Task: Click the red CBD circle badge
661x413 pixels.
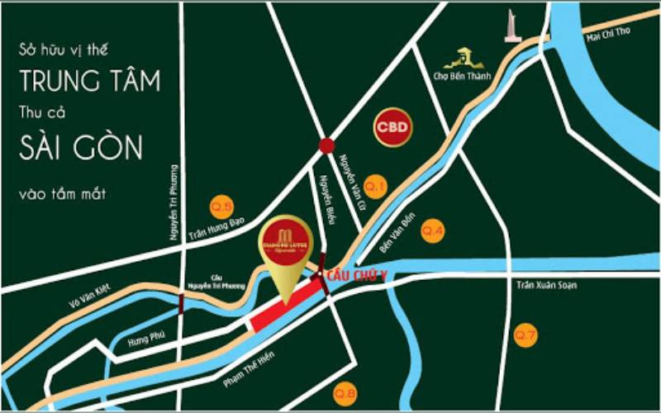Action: (x=392, y=128)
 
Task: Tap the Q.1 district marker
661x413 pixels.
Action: (x=375, y=187)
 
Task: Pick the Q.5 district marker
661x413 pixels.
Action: (x=221, y=206)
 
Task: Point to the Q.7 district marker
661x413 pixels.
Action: (x=525, y=335)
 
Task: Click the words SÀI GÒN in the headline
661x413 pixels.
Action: (x=80, y=149)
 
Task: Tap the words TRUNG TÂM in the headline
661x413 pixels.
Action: (x=89, y=81)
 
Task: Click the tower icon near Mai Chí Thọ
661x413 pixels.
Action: (x=512, y=24)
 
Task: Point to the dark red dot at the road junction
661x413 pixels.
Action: (x=326, y=146)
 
